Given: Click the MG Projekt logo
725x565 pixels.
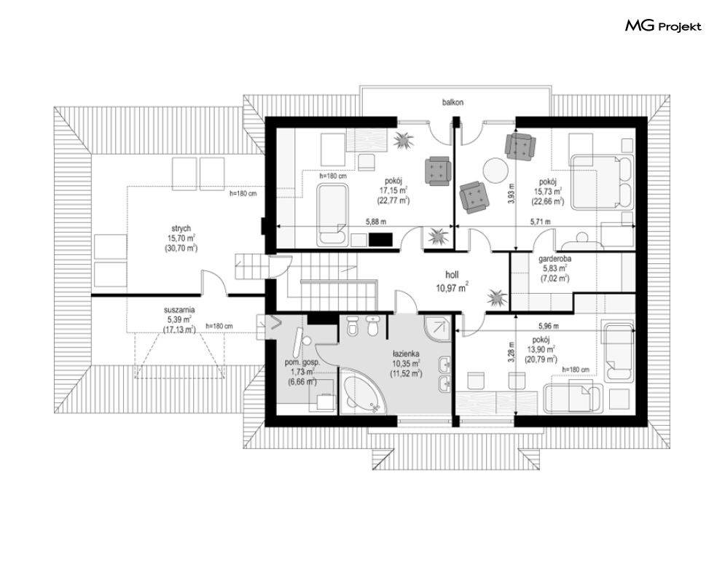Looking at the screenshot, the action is click(663, 26).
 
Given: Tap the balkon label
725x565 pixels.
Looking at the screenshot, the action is click(452, 102).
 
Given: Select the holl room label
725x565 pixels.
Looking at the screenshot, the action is click(452, 275).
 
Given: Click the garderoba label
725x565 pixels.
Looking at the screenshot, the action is click(554, 259).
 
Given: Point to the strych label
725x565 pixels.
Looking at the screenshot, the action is click(181, 229).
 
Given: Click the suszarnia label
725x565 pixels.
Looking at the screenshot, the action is click(179, 310).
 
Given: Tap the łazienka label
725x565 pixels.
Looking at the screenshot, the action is click(407, 354).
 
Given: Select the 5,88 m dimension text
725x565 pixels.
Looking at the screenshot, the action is click(376, 222).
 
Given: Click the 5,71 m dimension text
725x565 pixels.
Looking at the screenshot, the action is click(540, 222).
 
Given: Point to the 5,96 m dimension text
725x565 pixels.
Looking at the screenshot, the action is click(549, 326).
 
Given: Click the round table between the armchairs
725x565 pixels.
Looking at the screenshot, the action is click(495, 171).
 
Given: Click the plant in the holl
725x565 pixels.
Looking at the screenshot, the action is click(496, 297).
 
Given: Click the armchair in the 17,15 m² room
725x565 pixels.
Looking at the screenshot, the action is click(437, 171).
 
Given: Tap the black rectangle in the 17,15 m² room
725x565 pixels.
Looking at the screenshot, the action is click(380, 239).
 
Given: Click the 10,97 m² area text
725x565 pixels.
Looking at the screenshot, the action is click(452, 288).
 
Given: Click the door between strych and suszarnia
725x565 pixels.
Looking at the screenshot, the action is click(213, 283).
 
